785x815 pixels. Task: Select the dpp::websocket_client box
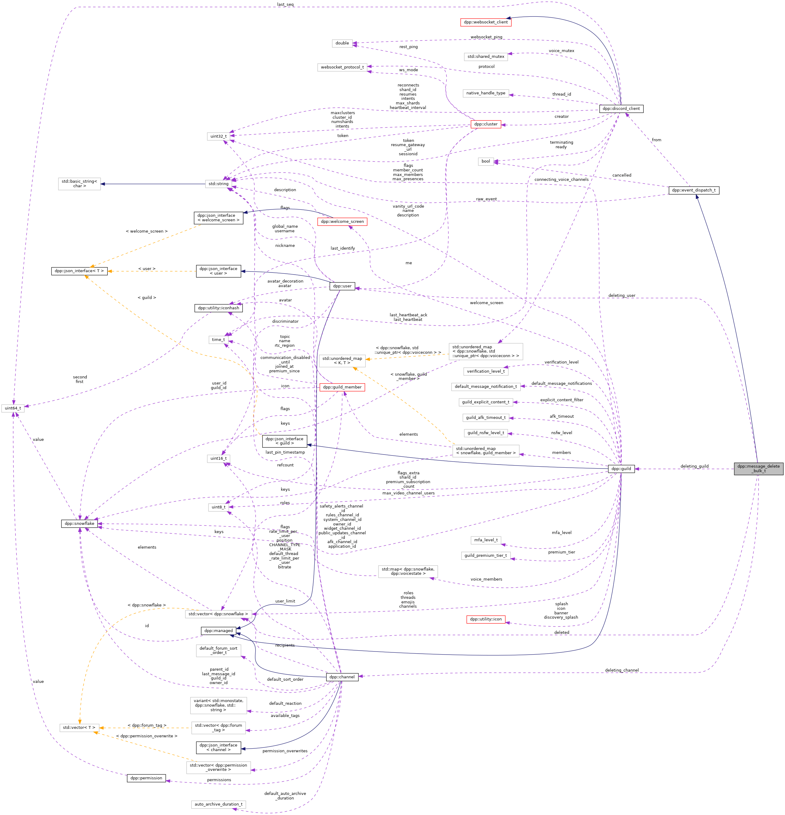[x=485, y=22]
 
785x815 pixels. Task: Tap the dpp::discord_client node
[x=621, y=108]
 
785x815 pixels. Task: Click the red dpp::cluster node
[x=485, y=124]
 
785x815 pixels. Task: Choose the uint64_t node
[x=12, y=408]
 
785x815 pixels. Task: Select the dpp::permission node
[x=146, y=778]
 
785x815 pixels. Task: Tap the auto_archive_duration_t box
[x=218, y=804]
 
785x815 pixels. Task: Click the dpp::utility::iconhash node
[x=218, y=308]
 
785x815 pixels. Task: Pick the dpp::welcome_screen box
[x=342, y=221]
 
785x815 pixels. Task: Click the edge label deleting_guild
[x=694, y=466]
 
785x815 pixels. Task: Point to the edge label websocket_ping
[x=486, y=37]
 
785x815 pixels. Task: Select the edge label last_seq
[x=285, y=5]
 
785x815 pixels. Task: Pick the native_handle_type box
[x=485, y=93]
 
